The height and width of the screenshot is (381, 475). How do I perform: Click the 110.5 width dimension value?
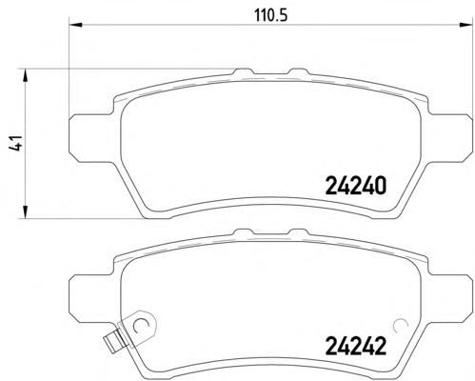[270, 15]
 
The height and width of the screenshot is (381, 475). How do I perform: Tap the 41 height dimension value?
[15, 144]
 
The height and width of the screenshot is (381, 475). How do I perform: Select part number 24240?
[356, 186]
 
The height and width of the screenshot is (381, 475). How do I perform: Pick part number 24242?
[356, 346]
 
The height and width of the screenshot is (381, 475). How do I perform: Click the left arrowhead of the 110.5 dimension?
[75, 25]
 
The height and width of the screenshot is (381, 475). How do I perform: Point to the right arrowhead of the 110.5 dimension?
[465, 25]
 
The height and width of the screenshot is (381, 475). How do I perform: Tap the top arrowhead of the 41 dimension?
[25, 76]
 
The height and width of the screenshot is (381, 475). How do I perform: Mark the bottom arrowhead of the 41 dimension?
[25, 211]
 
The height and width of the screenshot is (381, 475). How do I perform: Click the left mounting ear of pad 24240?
[92, 138]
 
